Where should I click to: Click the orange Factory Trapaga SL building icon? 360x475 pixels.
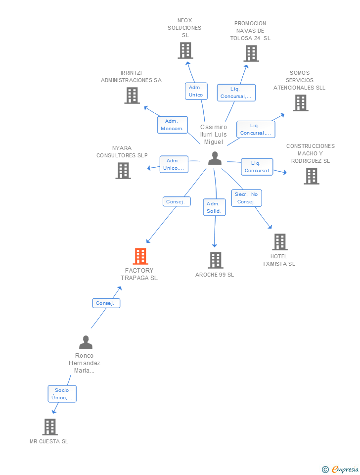tap(140, 256)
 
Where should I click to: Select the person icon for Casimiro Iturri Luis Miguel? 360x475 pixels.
tap(215, 158)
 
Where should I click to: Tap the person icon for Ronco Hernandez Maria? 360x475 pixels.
tap(86, 342)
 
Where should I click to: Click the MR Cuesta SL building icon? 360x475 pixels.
tap(49, 427)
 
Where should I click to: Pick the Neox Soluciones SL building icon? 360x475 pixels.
tap(185, 50)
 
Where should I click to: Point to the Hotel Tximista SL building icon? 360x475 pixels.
tap(280, 242)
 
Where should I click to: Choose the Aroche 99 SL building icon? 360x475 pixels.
tap(215, 260)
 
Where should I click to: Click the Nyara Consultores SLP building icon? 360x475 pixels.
tap(123, 171)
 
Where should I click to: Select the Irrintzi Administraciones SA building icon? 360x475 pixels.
tap(132, 95)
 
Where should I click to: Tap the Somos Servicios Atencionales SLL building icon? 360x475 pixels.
tap(300, 103)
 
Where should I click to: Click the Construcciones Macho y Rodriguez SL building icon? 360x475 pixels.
tap(311, 176)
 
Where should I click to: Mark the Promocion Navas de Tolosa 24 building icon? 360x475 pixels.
tap(251, 53)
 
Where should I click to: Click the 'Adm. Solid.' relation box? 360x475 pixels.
tap(214, 207)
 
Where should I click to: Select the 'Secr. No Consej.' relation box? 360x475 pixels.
tap(246, 198)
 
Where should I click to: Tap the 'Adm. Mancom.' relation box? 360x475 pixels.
tap(172, 125)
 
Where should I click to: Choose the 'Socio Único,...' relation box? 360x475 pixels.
tap(62, 394)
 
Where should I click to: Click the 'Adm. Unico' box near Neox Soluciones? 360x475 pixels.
tap(196, 91)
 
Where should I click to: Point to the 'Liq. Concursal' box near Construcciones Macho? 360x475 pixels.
tap(256, 167)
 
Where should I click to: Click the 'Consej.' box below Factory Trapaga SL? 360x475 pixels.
tap(106, 303)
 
